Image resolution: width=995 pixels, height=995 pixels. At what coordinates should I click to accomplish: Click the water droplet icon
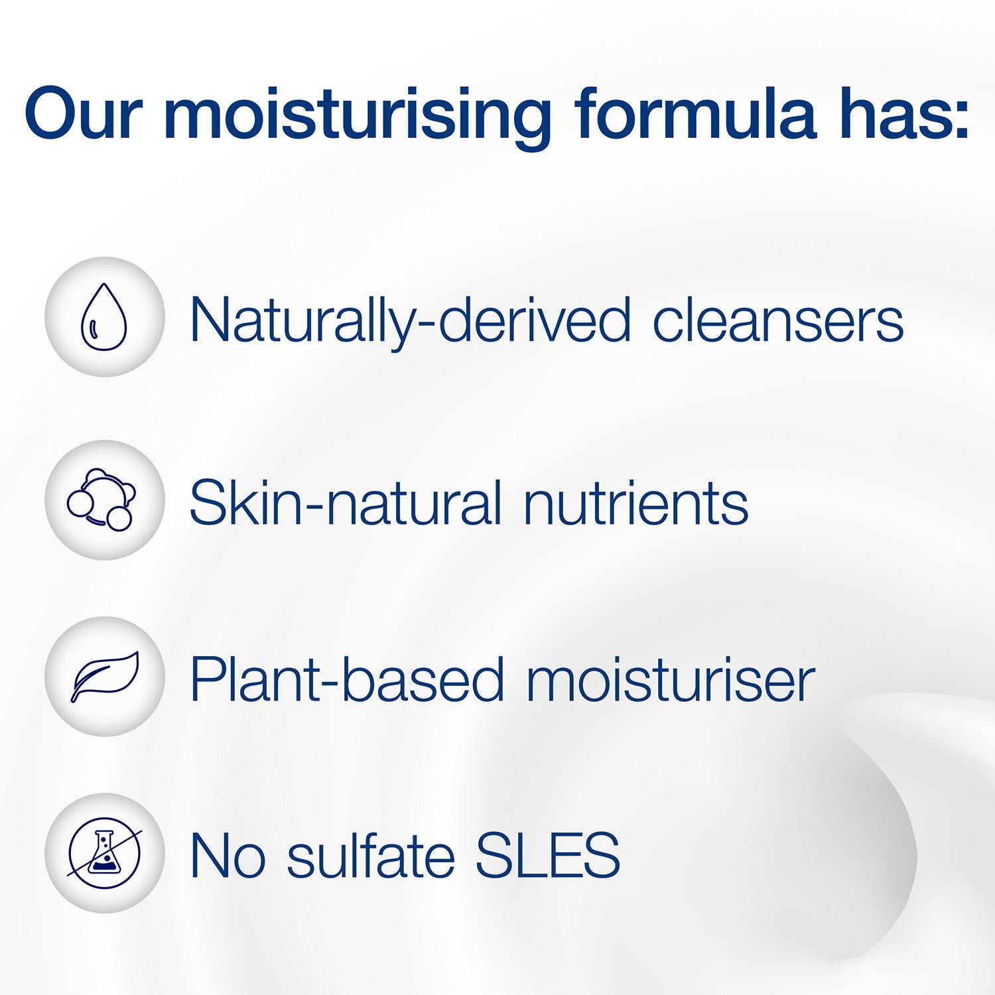[x=103, y=316]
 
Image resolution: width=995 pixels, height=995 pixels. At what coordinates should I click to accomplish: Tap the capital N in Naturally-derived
[x=212, y=320]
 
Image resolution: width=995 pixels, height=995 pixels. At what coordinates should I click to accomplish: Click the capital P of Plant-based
[x=208, y=679]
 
